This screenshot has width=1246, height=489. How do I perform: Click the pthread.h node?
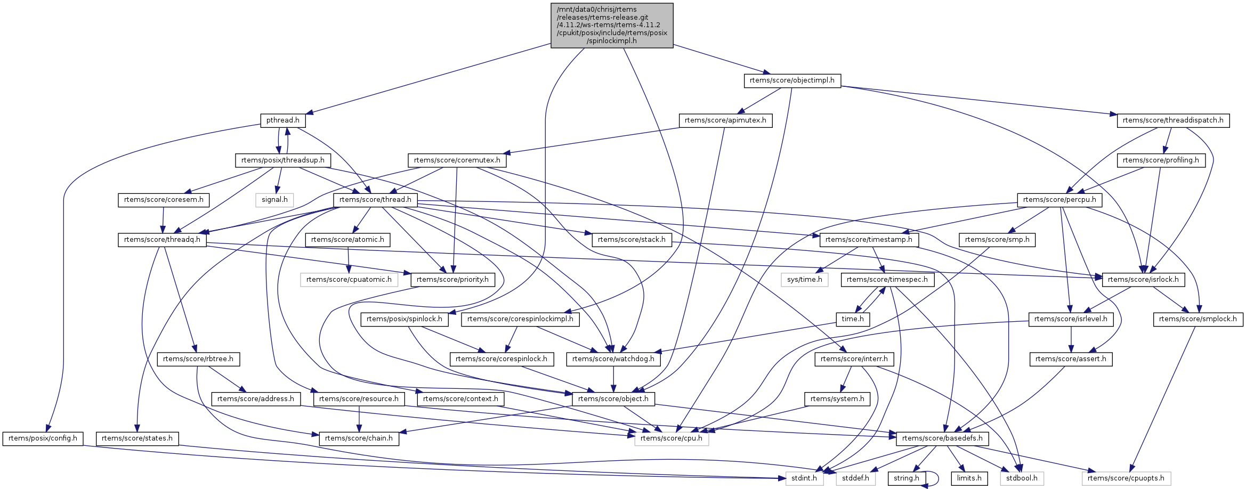pos(282,120)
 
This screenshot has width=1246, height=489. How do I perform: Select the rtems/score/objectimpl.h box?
pos(792,80)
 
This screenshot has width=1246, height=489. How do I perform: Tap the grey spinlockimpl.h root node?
pos(612,25)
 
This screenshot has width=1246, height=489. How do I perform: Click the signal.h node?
pos(274,200)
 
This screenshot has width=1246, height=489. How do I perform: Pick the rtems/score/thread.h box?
pos(375,200)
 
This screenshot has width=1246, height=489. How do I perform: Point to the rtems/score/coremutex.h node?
pos(457,160)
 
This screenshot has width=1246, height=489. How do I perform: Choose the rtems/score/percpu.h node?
pos(1059,200)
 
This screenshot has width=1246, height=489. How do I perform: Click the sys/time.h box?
pos(804,280)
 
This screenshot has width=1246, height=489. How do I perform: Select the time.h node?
pos(853,319)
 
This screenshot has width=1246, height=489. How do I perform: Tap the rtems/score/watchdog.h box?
pos(613,359)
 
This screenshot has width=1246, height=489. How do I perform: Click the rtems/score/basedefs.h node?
pos(942,438)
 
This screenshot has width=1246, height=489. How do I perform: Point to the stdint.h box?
pos(804,478)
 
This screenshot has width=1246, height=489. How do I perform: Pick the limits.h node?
pos(969,478)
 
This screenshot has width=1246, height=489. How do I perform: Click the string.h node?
pos(906,478)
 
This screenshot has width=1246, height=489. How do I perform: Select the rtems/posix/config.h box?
pos(43,438)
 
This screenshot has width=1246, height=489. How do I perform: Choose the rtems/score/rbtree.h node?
pos(198,359)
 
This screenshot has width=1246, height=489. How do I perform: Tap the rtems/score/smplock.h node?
pos(1198,319)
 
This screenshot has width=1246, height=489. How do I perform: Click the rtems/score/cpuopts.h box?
pos(1126,478)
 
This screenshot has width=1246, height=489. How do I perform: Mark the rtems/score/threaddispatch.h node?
pos(1173,120)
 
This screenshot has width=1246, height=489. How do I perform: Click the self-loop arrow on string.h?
pos(937,479)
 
